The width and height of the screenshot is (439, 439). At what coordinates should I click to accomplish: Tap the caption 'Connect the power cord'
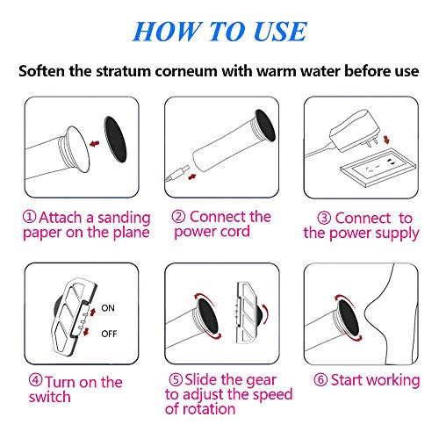(220, 224)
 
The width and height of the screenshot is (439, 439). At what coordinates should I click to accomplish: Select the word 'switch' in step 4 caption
(54, 397)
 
